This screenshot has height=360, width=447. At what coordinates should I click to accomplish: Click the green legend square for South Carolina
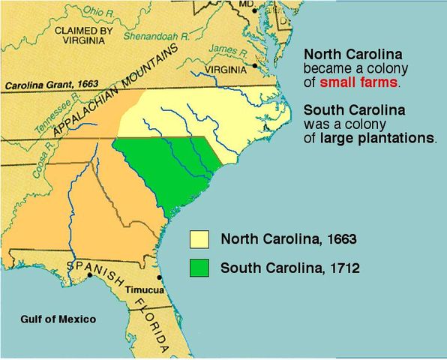pos(199,267)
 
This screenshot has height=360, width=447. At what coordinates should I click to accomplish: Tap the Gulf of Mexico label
pos(58,319)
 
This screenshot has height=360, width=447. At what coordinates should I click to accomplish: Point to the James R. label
pos(222,49)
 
